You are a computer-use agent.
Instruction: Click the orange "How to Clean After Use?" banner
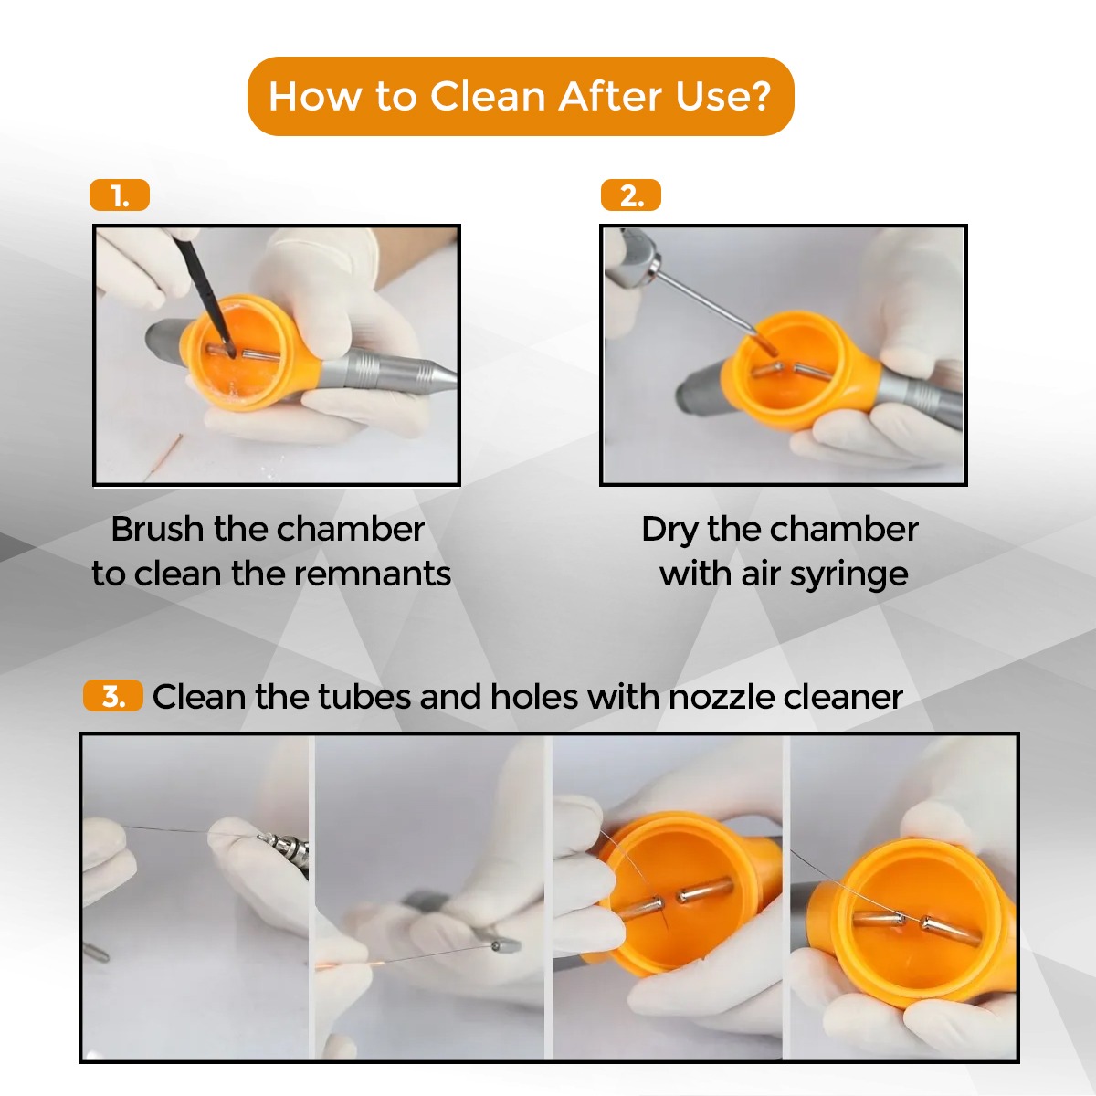(521, 96)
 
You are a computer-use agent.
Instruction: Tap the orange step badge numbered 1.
(120, 195)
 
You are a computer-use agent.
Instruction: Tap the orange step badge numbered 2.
(631, 195)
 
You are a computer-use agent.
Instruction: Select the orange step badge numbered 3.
(112, 695)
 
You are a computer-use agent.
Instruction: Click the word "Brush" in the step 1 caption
(157, 529)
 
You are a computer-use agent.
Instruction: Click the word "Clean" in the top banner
(489, 96)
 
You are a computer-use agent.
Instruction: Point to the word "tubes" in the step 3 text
(364, 696)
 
